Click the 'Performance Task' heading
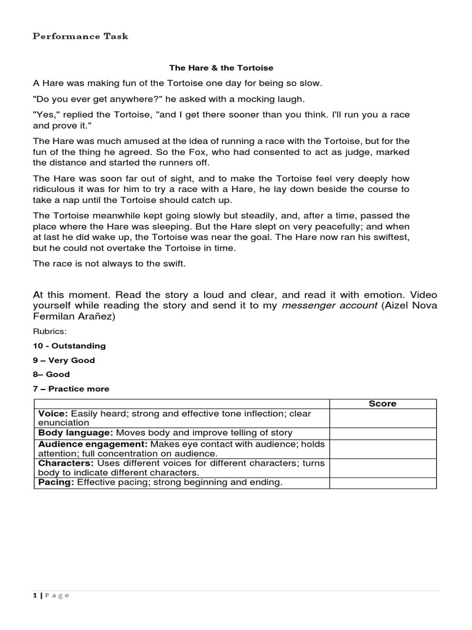tap(80, 36)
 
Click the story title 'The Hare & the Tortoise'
tap(221, 68)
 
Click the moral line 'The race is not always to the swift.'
tap(108, 263)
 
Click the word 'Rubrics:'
tap(46, 332)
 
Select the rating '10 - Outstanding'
tap(69, 346)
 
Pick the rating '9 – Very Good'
tap(63, 361)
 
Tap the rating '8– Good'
tap(51, 374)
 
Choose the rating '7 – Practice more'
tap(71, 389)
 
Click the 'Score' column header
tap(382, 404)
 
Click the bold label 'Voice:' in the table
tap(53, 414)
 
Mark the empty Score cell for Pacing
tap(382, 483)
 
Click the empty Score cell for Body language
tap(382, 433)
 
